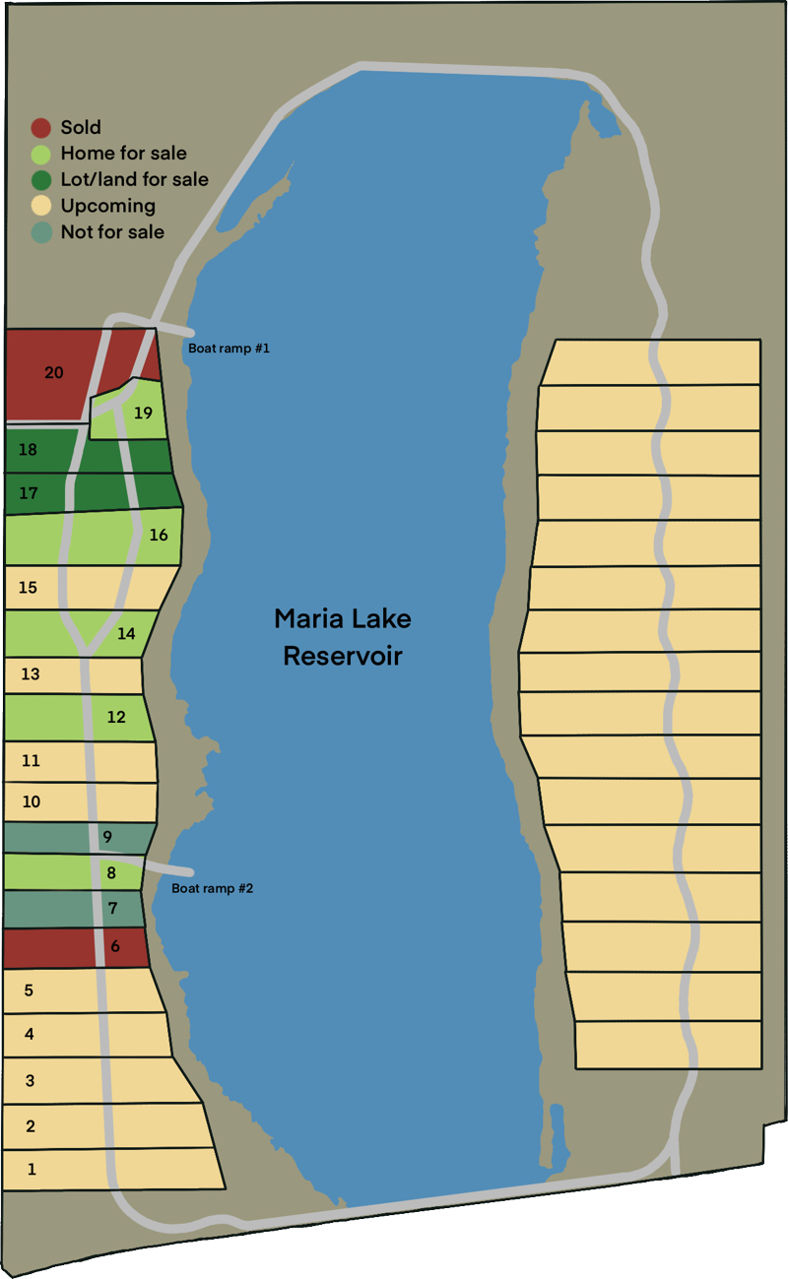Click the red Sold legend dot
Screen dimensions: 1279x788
(40, 127)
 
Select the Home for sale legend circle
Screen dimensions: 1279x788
(40, 154)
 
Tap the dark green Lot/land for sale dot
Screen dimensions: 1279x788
(40, 179)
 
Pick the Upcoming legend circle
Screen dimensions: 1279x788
(40, 206)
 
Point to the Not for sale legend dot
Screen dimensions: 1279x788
(40, 232)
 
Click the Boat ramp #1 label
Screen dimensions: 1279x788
(229, 349)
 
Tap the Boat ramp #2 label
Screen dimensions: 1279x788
(213, 888)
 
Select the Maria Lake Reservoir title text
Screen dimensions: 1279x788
(342, 637)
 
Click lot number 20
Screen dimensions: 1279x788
(54, 372)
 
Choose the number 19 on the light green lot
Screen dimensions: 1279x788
(144, 413)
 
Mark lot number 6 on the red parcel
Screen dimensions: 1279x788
(115, 946)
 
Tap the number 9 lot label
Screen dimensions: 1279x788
(107, 837)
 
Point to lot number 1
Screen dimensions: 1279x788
(32, 1170)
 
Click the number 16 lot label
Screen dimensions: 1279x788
(159, 536)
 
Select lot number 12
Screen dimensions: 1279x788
(116, 717)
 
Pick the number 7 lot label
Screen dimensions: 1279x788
(112, 908)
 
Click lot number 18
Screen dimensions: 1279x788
(28, 450)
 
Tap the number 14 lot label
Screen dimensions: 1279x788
(126, 634)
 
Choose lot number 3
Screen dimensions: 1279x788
(30, 1080)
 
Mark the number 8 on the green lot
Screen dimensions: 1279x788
(111, 872)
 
